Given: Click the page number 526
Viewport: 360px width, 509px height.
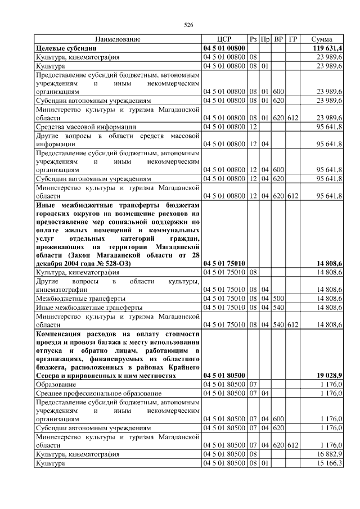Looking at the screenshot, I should click(188, 25).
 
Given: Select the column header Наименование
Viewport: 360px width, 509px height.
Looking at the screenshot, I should click(118, 39).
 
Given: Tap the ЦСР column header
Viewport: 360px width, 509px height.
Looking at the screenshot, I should click(224, 39).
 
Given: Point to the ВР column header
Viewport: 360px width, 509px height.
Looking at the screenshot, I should click(278, 39).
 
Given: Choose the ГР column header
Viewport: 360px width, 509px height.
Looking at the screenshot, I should click(292, 39).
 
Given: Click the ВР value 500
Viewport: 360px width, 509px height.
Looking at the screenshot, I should click(278, 298).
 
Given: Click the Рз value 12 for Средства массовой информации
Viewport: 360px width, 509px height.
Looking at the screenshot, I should click(253, 127).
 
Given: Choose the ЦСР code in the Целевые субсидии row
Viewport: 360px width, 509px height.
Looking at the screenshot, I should click(224, 48).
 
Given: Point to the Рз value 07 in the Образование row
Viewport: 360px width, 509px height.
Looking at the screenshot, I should click(253, 384).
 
